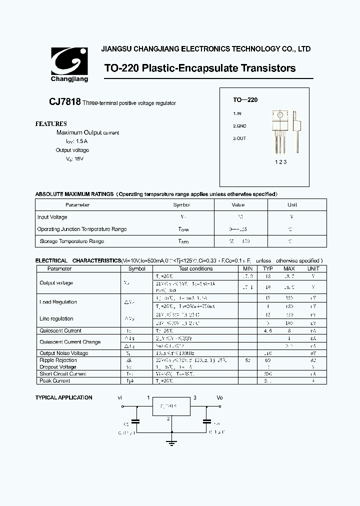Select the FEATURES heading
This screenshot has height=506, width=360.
[51, 123]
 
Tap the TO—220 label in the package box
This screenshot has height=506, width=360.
[245, 100]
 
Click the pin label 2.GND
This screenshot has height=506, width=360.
[239, 126]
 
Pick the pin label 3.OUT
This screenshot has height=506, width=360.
[239, 138]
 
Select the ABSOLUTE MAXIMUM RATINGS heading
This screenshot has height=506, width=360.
[74, 194]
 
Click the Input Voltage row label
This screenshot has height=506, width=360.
[52, 217]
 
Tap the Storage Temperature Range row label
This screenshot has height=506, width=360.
[72, 241]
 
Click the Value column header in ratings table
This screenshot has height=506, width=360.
[238, 205]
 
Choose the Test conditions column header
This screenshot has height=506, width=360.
[195, 268]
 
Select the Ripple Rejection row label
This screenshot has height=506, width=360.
[58, 360]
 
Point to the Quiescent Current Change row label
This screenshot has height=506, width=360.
[70, 342]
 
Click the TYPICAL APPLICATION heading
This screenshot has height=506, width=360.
[63, 397]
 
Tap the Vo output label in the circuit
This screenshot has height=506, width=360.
[219, 397]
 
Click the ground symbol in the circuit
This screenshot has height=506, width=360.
[171, 440]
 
